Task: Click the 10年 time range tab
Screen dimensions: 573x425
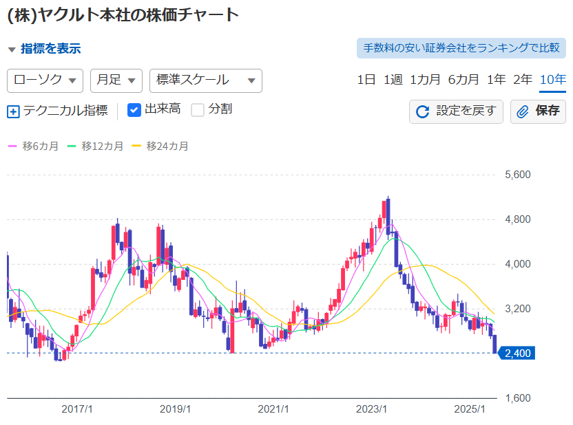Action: pos(553,80)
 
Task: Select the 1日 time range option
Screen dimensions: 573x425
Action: pos(366,80)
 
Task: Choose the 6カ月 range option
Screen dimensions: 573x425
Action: pos(463,80)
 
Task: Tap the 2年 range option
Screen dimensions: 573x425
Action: pos(523,80)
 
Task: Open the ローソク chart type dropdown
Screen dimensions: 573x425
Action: pos(45,80)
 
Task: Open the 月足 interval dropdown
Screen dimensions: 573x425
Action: pos(116,80)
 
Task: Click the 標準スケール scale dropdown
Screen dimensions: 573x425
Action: pos(206,80)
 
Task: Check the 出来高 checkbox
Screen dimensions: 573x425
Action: pos(134,110)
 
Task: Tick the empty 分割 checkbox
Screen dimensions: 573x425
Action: pos(198,110)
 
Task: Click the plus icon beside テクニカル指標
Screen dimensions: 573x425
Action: pos(13,111)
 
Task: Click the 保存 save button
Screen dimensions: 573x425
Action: pos(538,111)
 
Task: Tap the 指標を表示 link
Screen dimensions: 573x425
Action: pos(50,49)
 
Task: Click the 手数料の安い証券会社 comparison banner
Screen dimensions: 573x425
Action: pos(461,47)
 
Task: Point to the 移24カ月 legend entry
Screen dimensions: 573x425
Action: pos(160,146)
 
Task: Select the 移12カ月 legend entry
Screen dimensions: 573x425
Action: pos(95,146)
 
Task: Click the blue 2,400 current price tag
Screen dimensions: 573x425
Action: pos(517,353)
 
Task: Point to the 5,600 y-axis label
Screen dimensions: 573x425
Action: pos(517,175)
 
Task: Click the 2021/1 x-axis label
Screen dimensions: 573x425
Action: pos(273,409)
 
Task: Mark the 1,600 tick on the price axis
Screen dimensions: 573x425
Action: pos(517,398)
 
